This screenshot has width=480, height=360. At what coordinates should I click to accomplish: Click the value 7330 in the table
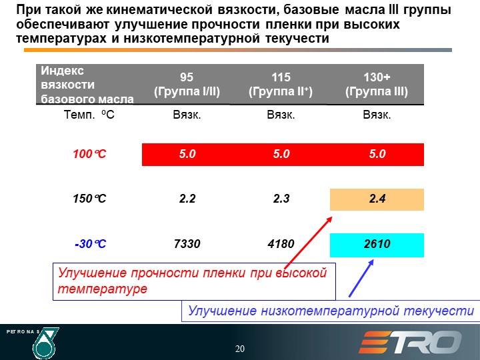(187, 244)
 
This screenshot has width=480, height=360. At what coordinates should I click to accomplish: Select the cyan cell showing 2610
(377, 245)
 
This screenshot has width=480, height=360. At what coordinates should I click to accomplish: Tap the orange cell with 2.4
(377, 199)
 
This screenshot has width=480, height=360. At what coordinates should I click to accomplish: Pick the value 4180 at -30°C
(281, 244)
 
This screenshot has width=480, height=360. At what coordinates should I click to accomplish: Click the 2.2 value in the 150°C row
(187, 199)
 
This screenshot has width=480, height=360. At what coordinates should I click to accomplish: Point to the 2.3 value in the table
(281, 199)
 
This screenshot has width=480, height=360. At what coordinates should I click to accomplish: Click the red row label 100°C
(89, 154)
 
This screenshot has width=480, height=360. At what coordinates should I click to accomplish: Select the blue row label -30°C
(90, 244)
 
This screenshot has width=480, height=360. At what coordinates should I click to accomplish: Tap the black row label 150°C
(89, 199)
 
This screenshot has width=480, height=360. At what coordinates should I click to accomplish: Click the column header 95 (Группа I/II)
(187, 84)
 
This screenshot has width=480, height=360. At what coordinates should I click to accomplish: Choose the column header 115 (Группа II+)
(281, 84)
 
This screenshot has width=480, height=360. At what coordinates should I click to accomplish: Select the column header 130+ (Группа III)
(377, 84)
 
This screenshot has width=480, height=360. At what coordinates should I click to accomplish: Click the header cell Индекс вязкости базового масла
(87, 85)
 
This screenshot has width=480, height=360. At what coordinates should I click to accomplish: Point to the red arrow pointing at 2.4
(309, 243)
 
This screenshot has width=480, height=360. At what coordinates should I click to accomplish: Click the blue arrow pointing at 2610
(361, 278)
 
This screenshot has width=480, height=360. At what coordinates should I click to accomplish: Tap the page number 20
(240, 349)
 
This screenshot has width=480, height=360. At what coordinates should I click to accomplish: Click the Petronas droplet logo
(45, 343)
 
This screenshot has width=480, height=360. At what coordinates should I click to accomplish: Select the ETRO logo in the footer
(410, 342)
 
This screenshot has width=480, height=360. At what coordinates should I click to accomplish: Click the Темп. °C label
(89, 115)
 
